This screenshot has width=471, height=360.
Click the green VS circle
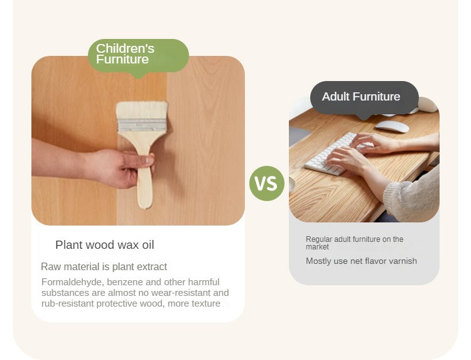[267, 183]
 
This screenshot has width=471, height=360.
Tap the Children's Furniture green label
[139, 56]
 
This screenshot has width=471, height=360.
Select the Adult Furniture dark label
[364, 97]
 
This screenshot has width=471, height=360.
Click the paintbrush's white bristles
[142, 111]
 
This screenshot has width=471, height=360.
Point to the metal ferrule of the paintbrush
[142, 124]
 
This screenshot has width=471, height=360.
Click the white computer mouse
[392, 126]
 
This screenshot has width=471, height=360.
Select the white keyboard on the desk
[335, 155]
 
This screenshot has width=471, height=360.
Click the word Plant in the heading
[69, 245]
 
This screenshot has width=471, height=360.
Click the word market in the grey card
[317, 247]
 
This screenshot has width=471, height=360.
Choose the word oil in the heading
[148, 245]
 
